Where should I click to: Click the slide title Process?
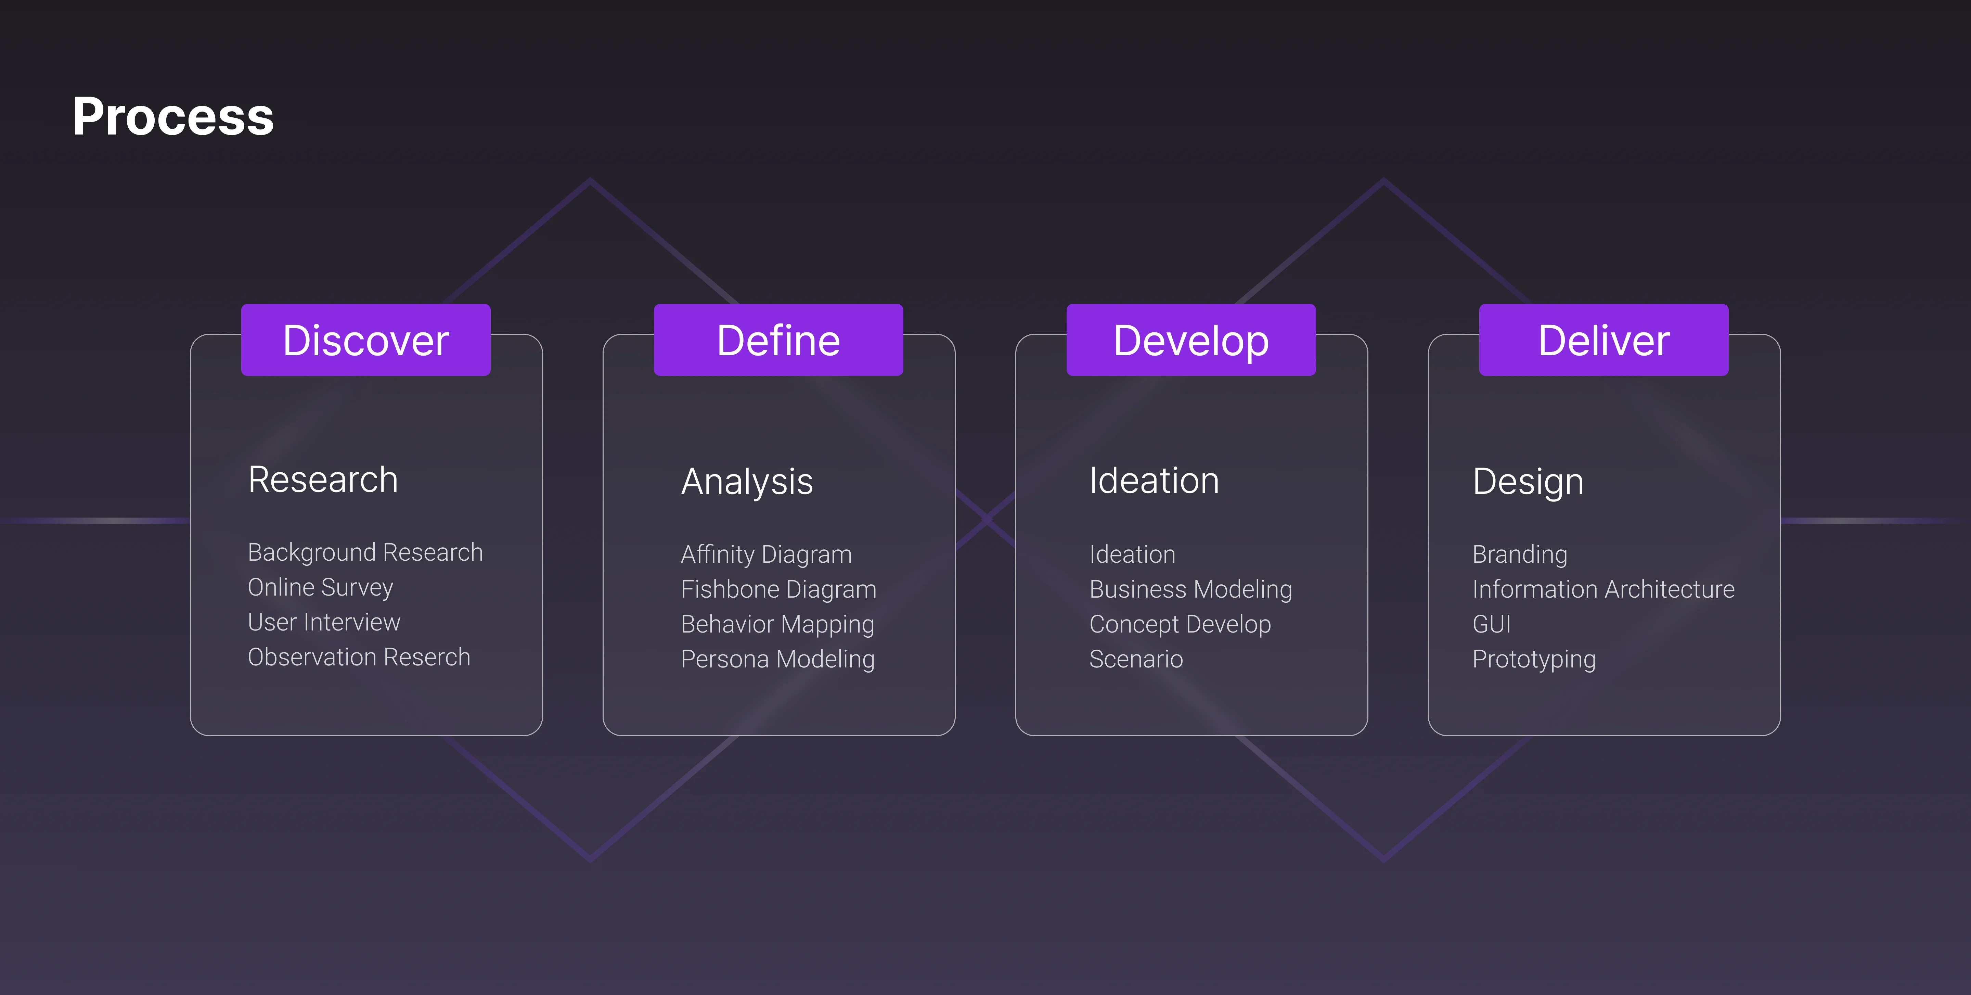click(x=173, y=117)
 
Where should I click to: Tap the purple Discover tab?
click(x=366, y=340)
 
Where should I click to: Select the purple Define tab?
click(x=778, y=340)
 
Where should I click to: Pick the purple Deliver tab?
click(x=1604, y=340)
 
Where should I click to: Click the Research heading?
click(x=323, y=480)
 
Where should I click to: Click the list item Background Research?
click(x=365, y=553)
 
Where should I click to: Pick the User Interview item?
click(x=324, y=622)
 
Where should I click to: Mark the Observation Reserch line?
click(x=359, y=658)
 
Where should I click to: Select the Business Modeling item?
click(x=1190, y=589)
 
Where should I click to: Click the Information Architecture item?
click(x=1604, y=589)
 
